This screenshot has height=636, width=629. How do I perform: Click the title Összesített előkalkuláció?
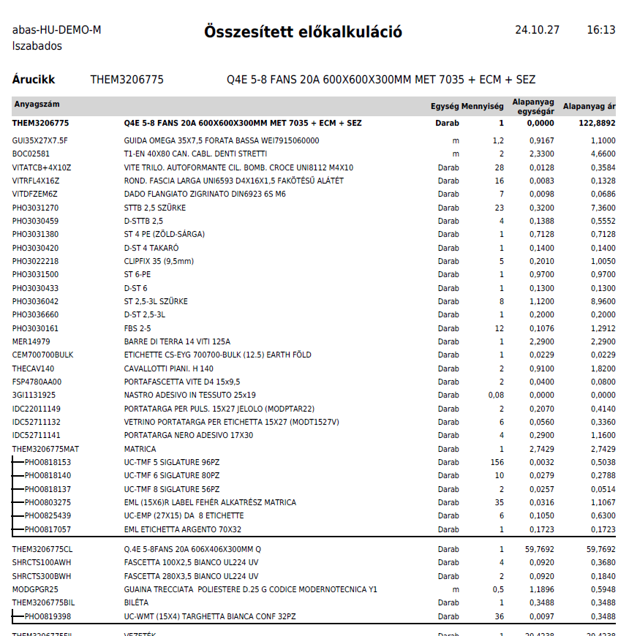[303, 32]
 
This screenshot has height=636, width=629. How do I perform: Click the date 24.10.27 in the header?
[537, 30]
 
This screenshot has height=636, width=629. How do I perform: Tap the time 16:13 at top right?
[600, 30]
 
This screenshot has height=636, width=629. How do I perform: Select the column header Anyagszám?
[37, 105]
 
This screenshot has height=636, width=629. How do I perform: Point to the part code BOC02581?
[31, 154]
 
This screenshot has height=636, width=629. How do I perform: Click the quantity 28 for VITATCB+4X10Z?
[499, 167]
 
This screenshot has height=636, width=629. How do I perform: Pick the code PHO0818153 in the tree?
[48, 463]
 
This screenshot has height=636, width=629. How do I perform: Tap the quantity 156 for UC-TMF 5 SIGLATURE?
[497, 463]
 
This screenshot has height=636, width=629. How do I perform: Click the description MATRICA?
[140, 449]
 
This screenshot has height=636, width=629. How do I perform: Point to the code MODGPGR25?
[35, 589]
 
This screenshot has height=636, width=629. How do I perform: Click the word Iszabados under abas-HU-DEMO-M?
[37, 46]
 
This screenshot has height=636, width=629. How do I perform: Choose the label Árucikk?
[34, 80]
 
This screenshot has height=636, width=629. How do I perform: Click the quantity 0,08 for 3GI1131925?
[496, 395]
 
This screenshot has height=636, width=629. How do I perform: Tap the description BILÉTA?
[138, 602]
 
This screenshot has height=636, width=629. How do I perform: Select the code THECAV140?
[33, 369]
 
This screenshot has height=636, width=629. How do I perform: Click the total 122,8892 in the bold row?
[593, 124]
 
